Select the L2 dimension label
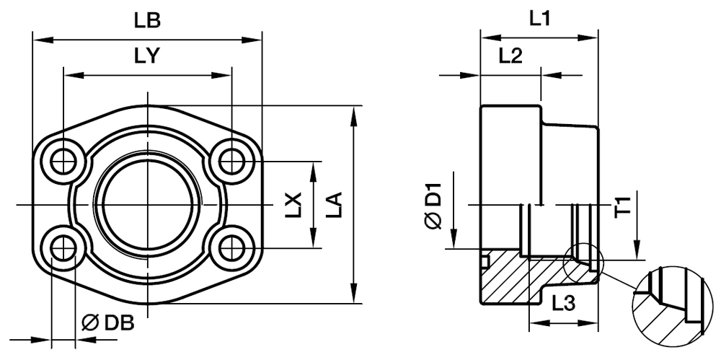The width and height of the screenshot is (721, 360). [510, 57]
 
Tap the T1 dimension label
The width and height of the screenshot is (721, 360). [624, 206]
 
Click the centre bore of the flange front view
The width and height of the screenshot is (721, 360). [147, 205]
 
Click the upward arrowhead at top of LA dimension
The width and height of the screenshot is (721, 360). [353, 114]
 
